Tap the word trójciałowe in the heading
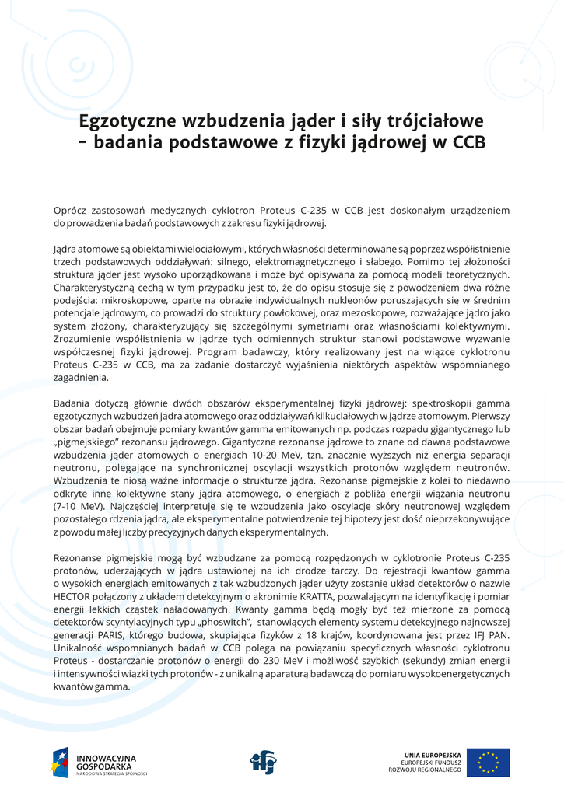click(x=433, y=122)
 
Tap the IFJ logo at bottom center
click(x=262, y=762)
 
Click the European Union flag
click(x=489, y=762)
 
